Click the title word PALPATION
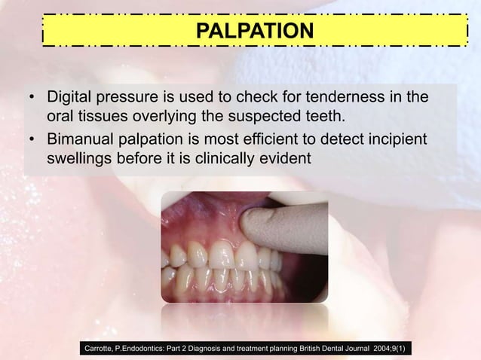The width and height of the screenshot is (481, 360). tap(253, 32)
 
